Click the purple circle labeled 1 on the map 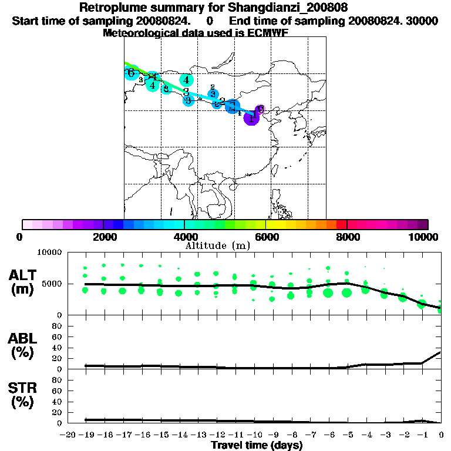point(251,117)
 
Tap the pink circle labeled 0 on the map point(260,109)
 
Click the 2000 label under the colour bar point(103,237)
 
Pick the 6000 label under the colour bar point(266,237)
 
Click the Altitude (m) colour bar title point(217,245)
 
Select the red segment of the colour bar point(342,224)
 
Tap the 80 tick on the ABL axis point(58,325)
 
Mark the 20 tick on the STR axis point(58,412)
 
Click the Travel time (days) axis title point(257,446)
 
